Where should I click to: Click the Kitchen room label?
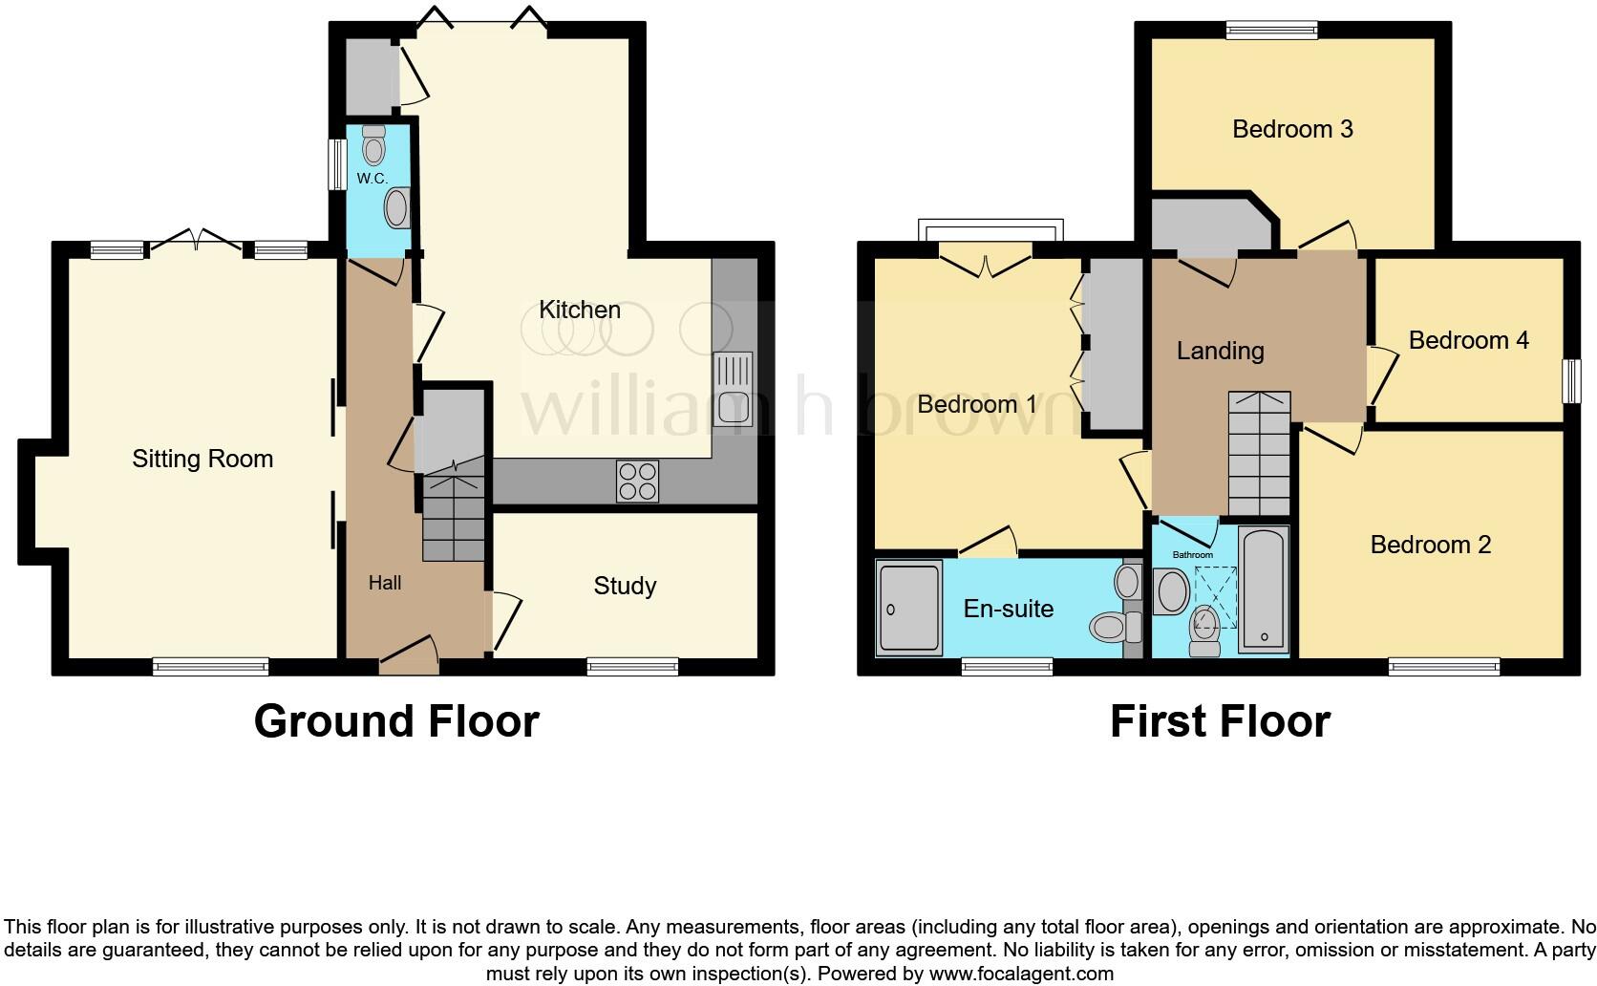tap(580, 310)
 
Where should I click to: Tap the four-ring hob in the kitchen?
tap(637, 481)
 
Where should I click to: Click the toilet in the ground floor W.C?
tap(373, 147)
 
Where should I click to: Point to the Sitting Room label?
tap(202, 460)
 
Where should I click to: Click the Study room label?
tap(625, 586)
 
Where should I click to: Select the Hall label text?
tap(385, 583)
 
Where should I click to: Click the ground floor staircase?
tap(453, 516)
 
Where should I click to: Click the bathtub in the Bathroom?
tap(1265, 589)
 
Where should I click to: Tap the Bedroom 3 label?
tap(1292, 129)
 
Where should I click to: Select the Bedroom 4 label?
tap(1468, 340)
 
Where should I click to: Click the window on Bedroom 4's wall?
tap(1569, 380)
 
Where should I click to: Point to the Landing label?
tap(1220, 351)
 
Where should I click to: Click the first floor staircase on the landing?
tap(1259, 454)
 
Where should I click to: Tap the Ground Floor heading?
tap(396, 721)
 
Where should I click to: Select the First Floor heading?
tap(1220, 721)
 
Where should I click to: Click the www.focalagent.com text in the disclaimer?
tap(1021, 975)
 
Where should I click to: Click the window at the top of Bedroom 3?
tap(1271, 31)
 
